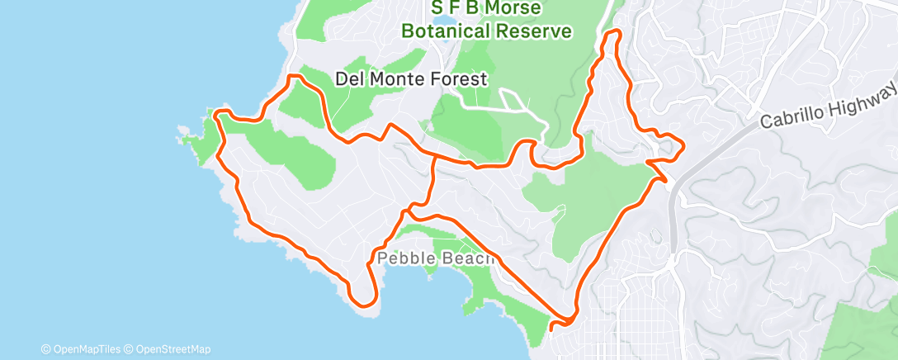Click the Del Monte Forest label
click(412, 79)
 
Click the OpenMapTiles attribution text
click(85, 349)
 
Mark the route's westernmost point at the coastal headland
click(216, 115)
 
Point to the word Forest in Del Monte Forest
click(460, 79)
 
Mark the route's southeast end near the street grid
click(551, 326)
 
